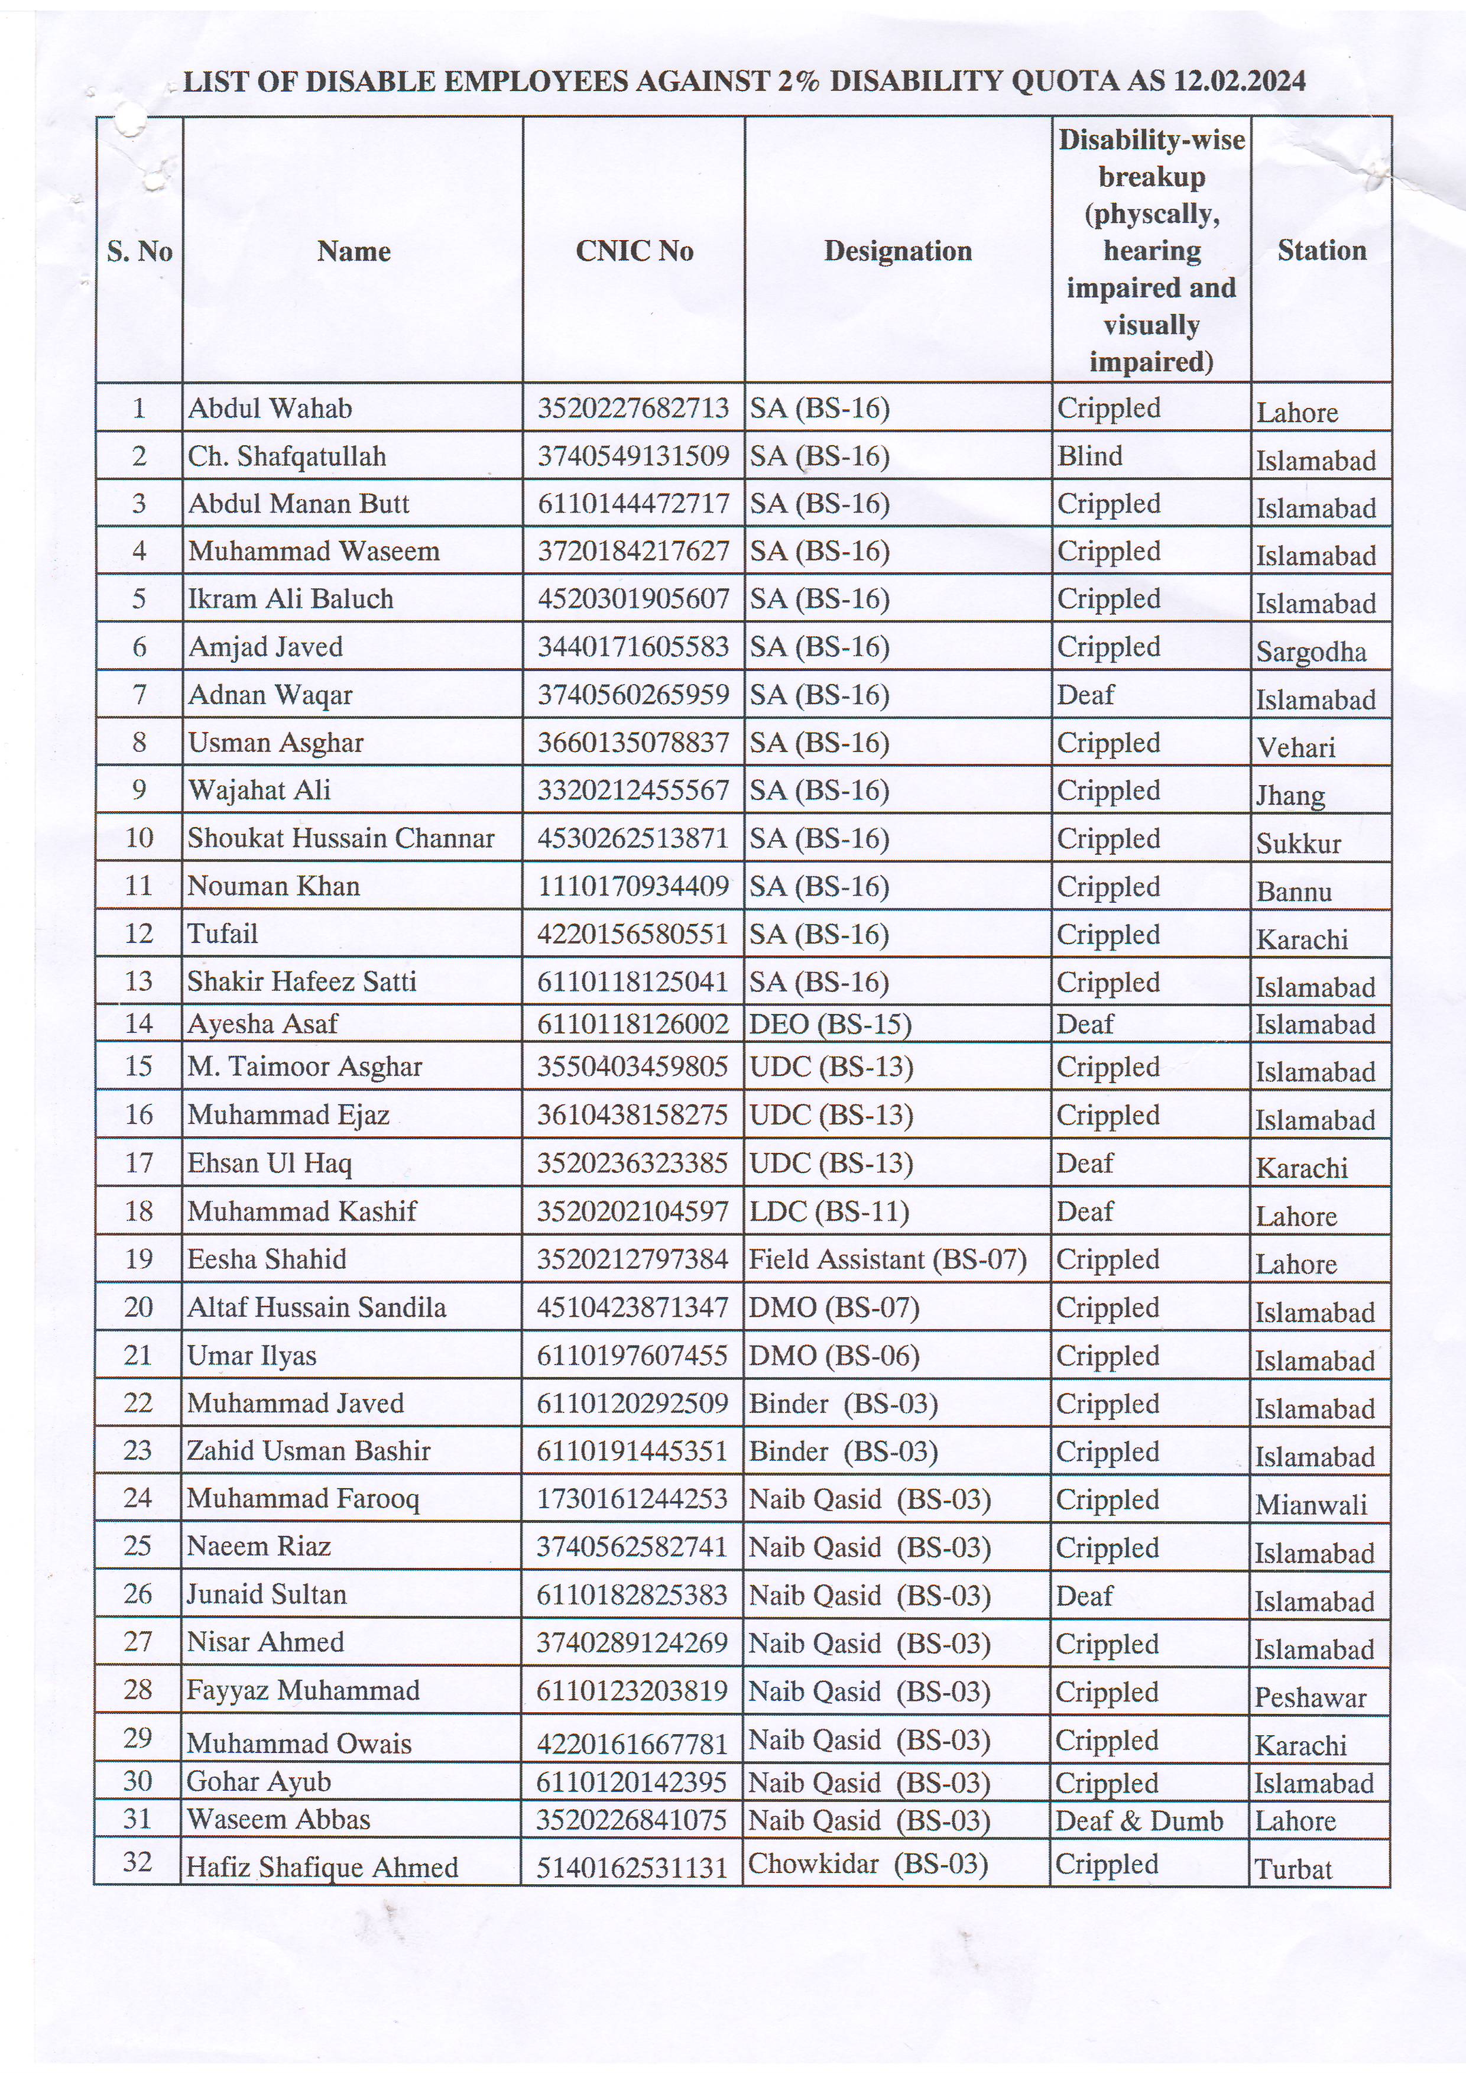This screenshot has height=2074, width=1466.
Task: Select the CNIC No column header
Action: click(634, 251)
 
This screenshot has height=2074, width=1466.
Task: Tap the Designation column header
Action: click(898, 251)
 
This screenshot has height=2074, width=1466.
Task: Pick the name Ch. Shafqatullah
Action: click(287, 456)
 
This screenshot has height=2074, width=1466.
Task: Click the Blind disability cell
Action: click(1090, 456)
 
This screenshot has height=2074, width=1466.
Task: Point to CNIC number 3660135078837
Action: click(633, 743)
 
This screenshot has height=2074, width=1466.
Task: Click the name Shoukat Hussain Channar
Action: click(340, 838)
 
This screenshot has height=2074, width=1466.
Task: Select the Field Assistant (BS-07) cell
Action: click(888, 1259)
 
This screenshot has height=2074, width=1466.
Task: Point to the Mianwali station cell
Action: click(1311, 1504)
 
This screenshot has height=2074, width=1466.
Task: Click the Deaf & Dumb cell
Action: click(1139, 1820)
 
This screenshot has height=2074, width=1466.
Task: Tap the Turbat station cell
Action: click(1293, 1868)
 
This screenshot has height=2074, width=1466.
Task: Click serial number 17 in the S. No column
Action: click(138, 1162)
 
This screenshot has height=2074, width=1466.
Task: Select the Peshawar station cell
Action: click(1310, 1697)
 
